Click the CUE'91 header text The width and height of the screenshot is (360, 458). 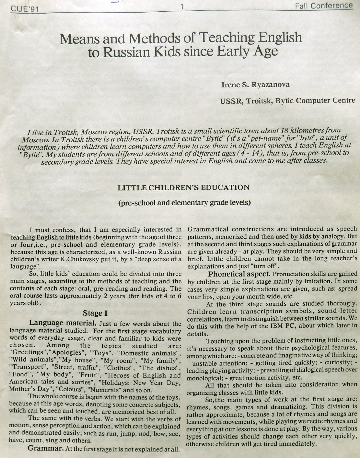click(x=25, y=8)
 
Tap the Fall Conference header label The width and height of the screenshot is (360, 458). click(x=324, y=6)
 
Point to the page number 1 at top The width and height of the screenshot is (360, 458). click(x=182, y=6)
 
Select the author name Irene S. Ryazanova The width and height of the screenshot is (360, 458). click(x=255, y=85)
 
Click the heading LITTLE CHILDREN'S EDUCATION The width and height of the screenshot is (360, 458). click(x=183, y=188)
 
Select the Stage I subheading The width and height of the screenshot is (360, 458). click(x=95, y=313)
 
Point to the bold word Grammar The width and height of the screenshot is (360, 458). click(x=45, y=449)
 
